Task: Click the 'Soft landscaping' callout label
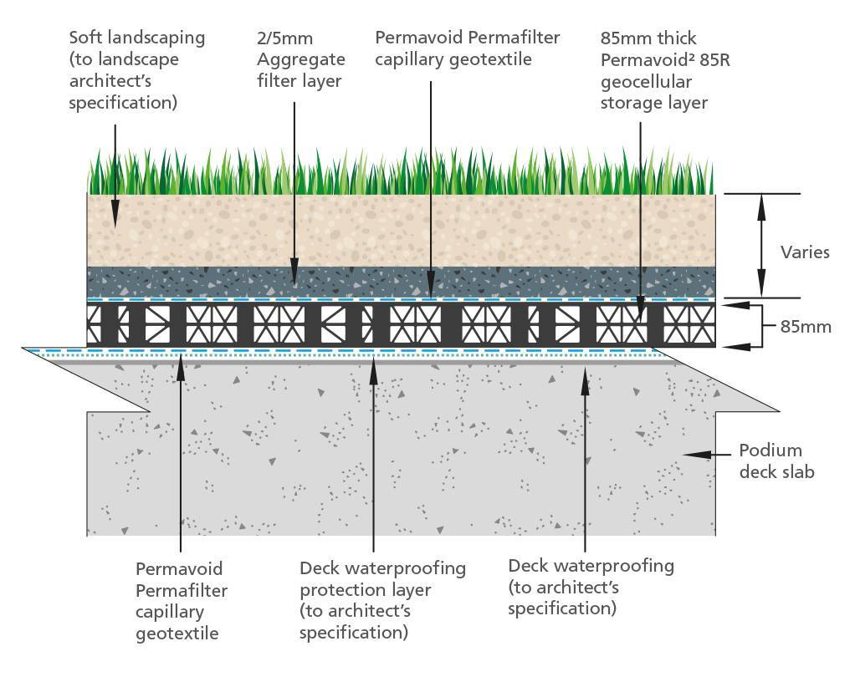(137, 69)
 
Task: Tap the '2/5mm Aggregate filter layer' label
(301, 59)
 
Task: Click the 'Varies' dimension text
(805, 252)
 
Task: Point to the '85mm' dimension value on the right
(806, 327)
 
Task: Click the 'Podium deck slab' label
(777, 461)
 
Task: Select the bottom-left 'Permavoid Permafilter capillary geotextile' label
(182, 601)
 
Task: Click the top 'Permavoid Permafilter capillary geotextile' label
(468, 48)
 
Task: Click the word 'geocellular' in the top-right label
(646, 82)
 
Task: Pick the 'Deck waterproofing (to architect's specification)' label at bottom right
(591, 587)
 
